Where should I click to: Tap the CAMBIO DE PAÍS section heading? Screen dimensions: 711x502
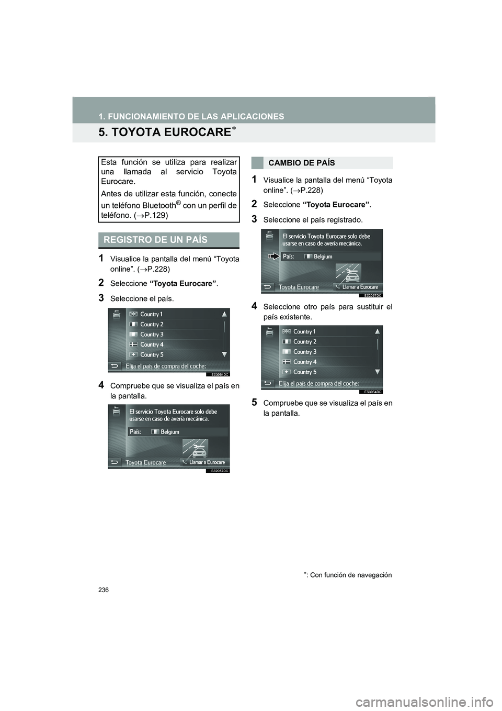coord(302,163)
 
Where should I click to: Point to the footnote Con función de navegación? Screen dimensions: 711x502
coord(346,575)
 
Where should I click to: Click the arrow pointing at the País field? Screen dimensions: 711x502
coord(273,257)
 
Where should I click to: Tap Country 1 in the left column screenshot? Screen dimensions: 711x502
coord(152,314)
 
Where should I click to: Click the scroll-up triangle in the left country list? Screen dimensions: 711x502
coord(224,314)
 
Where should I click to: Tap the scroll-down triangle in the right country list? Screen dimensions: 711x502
coord(377,372)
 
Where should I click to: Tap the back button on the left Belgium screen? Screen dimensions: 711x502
coord(115,462)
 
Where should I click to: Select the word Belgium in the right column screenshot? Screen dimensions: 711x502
coord(323,257)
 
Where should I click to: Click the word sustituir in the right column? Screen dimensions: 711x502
coord(369,307)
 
